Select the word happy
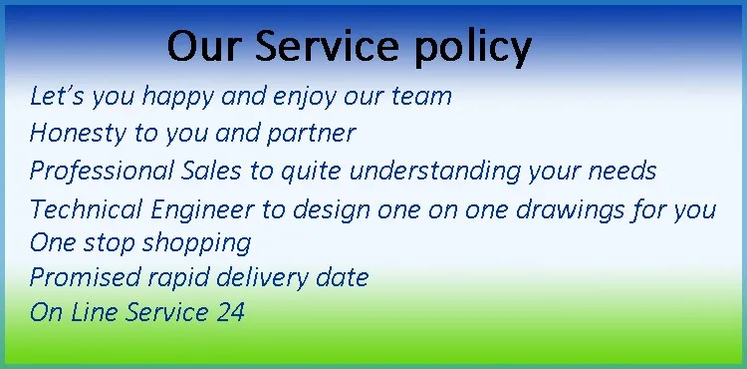(175, 98)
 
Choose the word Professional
(90, 171)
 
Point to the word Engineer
(189, 210)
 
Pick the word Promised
(76, 276)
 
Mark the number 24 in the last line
(230, 312)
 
